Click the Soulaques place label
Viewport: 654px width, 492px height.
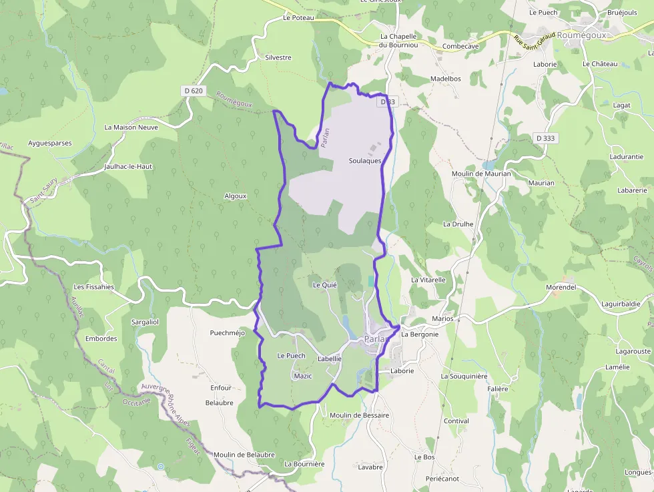365,161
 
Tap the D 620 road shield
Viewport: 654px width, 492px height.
192,90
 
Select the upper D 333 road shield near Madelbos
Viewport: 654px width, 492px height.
387,102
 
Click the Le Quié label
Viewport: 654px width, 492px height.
325,284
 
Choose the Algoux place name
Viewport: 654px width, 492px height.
236,196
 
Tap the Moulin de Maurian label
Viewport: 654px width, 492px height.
480,174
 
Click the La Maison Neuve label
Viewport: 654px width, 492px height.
131,127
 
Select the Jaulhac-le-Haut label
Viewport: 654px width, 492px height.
129,166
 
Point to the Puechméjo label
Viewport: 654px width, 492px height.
228,332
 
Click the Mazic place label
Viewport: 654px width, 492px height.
302,376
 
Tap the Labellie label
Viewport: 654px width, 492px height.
330,358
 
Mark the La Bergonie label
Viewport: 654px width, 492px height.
420,334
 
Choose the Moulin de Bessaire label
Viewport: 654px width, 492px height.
359,415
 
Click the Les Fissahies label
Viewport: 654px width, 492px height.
93,287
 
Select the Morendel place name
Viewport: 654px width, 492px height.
561,286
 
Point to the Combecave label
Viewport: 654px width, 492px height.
460,46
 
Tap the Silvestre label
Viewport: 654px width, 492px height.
278,57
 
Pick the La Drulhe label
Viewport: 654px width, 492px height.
458,224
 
